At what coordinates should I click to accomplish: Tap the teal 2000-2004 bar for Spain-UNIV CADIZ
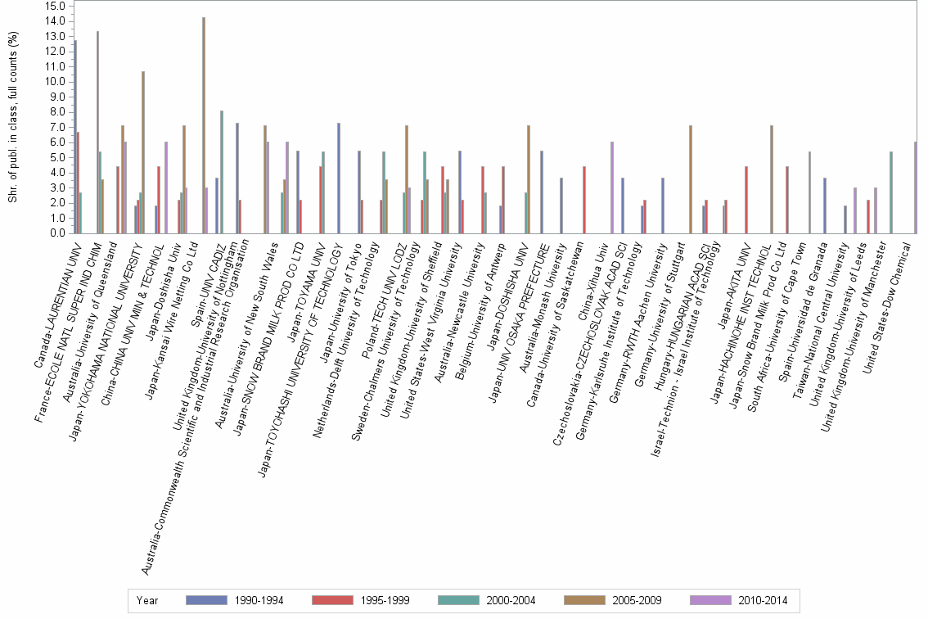pos(221,172)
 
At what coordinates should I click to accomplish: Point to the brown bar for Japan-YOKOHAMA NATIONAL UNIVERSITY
pos(143,152)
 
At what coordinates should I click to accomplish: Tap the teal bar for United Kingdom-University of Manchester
pos(890,192)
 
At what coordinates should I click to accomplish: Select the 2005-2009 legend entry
pos(610,600)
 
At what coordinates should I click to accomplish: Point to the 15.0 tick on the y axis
pos(56,6)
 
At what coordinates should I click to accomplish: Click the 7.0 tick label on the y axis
pos(56,127)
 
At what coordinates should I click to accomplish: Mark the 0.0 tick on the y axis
pos(56,233)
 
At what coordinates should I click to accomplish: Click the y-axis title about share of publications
pos(12,119)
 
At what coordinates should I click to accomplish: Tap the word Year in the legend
pos(147,600)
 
